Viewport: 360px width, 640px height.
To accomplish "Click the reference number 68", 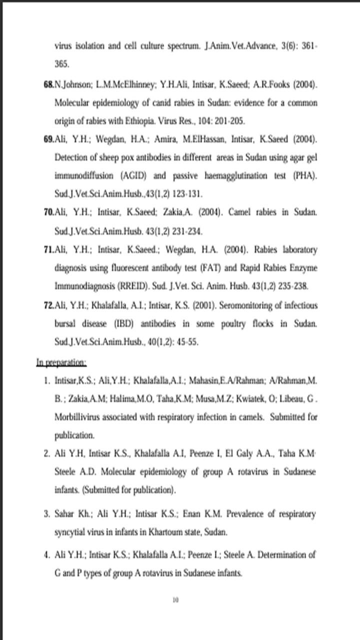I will [x=48, y=84].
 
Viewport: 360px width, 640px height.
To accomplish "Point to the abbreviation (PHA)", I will [x=305, y=175].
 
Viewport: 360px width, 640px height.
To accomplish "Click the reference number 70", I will [x=48, y=212].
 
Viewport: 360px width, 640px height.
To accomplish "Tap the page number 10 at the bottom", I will [x=175, y=600].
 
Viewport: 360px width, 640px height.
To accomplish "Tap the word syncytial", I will [x=70, y=532].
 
